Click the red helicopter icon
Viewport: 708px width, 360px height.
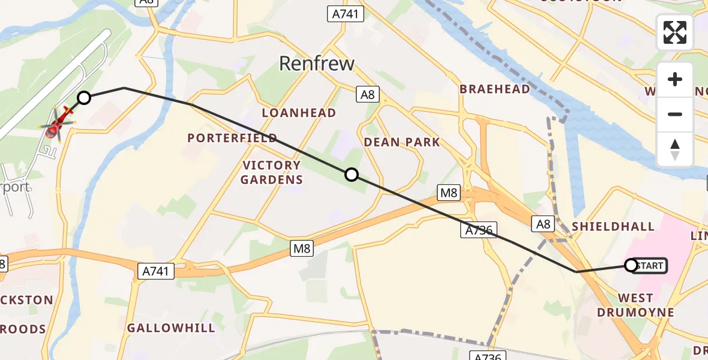[56, 124]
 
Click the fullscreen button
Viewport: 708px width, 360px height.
[675, 32]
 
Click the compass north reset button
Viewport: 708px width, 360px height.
[675, 149]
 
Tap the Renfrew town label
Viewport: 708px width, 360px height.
[318, 64]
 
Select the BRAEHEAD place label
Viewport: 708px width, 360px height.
[495, 89]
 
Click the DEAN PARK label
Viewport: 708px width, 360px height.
[402, 142]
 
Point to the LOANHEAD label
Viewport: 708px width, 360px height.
[299, 113]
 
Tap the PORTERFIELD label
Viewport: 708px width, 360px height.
[232, 138]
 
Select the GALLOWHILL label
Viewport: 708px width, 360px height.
[171, 328]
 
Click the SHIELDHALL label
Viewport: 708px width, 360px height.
[613, 226]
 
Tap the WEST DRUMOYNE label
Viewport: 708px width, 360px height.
[636, 305]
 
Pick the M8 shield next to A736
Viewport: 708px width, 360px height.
[449, 193]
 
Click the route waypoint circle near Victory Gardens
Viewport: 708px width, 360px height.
[352, 175]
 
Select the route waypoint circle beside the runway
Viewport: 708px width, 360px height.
[84, 98]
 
